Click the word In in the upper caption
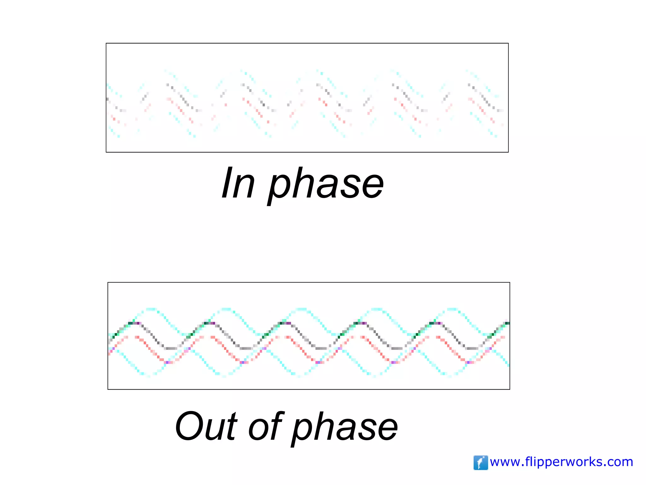point(238,183)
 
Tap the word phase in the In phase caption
point(326,185)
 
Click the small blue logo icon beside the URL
point(480,463)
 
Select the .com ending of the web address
point(618,462)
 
